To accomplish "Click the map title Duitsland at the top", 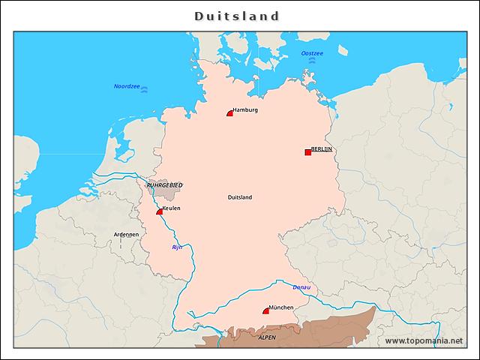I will (237, 16).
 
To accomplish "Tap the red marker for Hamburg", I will (230, 113).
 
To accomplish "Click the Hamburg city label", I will (245, 110).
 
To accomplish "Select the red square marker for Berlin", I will (307, 152).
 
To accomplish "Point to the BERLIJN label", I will (322, 149).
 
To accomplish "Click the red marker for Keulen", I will (160, 212).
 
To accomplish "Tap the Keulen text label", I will (171, 208).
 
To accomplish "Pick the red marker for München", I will (265, 311).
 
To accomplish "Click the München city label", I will (281, 307).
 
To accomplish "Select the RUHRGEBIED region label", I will (164, 184).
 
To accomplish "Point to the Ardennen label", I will (126, 234).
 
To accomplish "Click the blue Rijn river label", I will (177, 247).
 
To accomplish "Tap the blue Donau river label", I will (301, 287).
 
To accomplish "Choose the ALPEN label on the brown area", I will (267, 338).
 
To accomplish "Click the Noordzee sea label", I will (127, 86).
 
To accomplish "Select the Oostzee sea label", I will (312, 53).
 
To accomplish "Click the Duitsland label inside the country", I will (240, 197).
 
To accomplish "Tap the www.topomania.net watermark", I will (424, 340).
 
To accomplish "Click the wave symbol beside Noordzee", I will (145, 89).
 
